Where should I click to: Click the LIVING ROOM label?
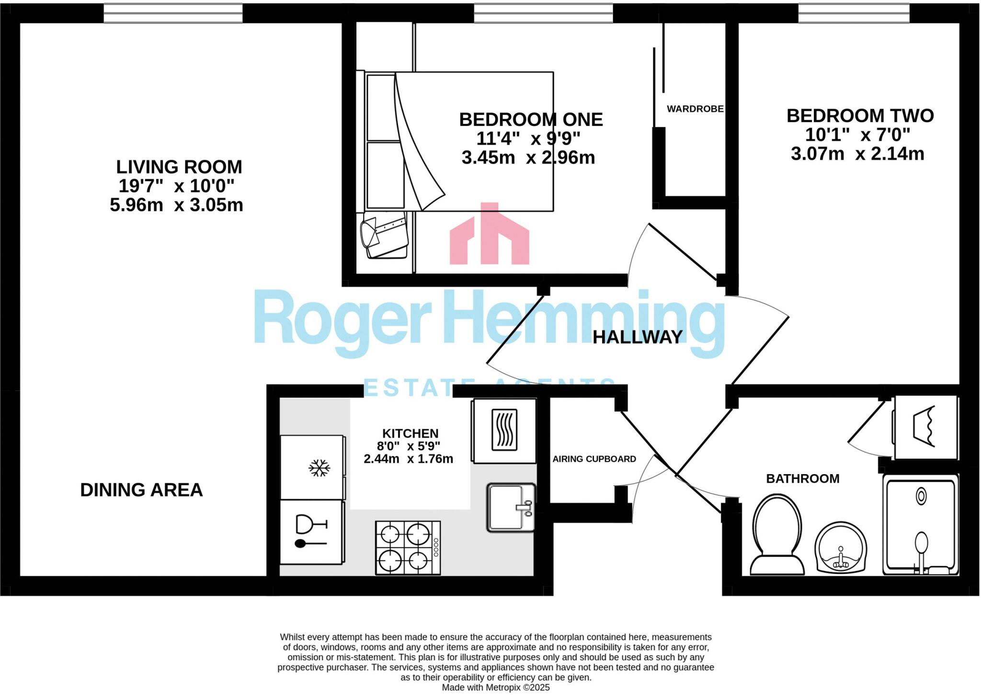coord(179,167)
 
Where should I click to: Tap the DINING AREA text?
coord(141,490)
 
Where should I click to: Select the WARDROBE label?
coord(695,109)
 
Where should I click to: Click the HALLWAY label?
coord(637,337)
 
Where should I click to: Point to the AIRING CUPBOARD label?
coord(594,459)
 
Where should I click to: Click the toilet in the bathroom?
coord(777,534)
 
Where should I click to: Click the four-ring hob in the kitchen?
coord(408,548)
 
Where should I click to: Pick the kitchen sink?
coord(510,507)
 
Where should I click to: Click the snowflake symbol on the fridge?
coord(319,468)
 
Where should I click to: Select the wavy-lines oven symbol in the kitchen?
coord(504,430)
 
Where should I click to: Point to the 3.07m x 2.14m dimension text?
coord(857,154)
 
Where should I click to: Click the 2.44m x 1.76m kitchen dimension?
coord(408,459)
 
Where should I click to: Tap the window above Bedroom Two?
coord(854,13)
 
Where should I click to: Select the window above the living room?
coord(173,13)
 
